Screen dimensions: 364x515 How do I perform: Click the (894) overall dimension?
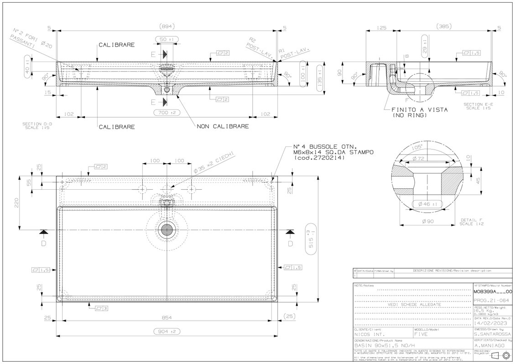(x=167, y=26)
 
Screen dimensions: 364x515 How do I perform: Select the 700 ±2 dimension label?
(x=167, y=112)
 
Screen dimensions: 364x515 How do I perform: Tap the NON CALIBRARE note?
(x=223, y=126)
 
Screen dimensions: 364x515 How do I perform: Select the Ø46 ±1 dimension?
(x=425, y=204)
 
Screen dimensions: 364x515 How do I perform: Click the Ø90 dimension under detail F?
(x=428, y=221)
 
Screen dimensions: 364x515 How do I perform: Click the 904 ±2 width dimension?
(x=167, y=332)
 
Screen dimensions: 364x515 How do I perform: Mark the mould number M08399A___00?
(x=493, y=291)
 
